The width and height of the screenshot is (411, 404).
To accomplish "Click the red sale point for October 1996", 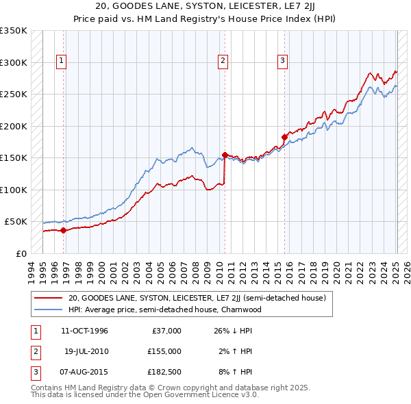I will point(64,230).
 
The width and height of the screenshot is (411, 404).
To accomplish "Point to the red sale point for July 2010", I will point(225,155).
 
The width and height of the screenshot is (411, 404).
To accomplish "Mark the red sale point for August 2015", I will point(285,137).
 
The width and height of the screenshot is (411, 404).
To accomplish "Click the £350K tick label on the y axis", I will point(14,31).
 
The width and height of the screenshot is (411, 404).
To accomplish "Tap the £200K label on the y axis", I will point(14,126).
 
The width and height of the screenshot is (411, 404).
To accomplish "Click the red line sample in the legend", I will point(48,298).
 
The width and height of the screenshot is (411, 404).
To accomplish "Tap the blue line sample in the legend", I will point(48,309).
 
